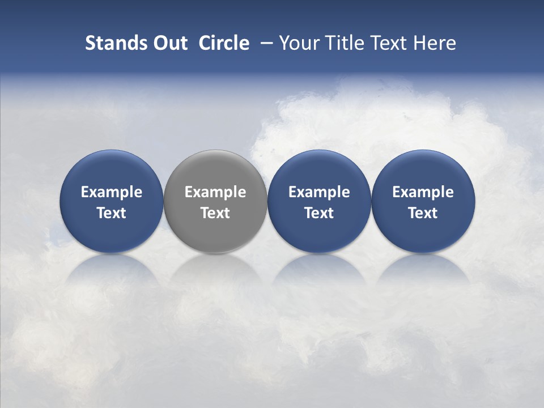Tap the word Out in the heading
(x=169, y=43)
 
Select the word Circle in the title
(x=224, y=43)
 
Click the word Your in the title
(x=299, y=43)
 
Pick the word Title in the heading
(x=342, y=43)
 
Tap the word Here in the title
(x=434, y=43)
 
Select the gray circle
(x=215, y=201)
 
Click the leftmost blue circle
(x=111, y=201)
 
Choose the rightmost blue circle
(x=423, y=201)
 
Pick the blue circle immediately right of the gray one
(x=319, y=201)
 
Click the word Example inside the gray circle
(x=215, y=192)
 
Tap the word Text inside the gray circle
(x=215, y=213)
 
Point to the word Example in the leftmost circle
(x=111, y=192)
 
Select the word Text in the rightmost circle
(x=423, y=213)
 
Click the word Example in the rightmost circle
(x=423, y=192)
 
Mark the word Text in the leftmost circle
(x=111, y=213)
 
